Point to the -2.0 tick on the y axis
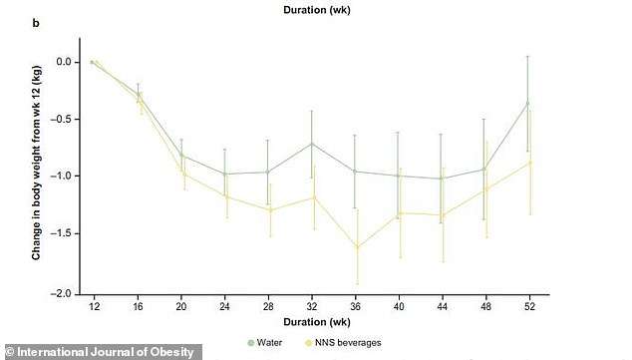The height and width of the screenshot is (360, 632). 64,294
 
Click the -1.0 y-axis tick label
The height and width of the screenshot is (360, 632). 64,177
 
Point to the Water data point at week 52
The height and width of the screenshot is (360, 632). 530,102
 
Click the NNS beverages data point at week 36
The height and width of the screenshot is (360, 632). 356,247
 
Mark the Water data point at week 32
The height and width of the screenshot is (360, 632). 312,144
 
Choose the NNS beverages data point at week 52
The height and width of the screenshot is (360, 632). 531,163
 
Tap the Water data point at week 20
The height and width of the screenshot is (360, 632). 180,156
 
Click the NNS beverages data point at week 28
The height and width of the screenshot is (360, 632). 268,210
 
